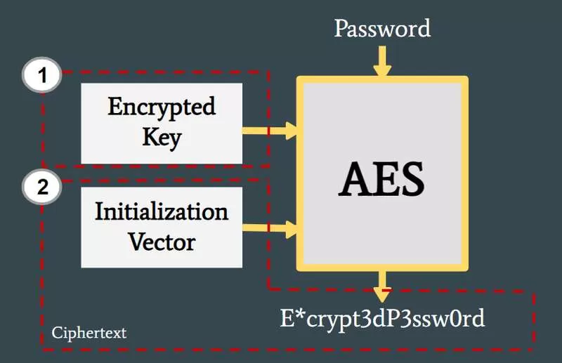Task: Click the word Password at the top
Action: [x=382, y=29]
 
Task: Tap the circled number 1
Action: [x=42, y=75]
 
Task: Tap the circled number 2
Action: [x=42, y=187]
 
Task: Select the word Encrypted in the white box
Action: [x=162, y=108]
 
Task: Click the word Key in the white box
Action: [x=162, y=138]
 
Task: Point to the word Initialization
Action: [x=162, y=211]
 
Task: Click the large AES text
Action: [x=381, y=179]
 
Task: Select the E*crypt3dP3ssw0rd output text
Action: [x=382, y=319]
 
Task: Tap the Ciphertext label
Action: [x=89, y=334]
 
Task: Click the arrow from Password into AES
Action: [x=382, y=61]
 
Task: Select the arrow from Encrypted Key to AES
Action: [x=270, y=131]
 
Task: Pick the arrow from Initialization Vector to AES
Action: [x=270, y=228]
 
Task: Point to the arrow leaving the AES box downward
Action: [x=382, y=286]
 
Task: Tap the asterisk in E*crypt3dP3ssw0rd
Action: [x=301, y=314]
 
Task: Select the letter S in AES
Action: [x=412, y=179]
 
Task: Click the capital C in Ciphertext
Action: [x=57, y=333]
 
